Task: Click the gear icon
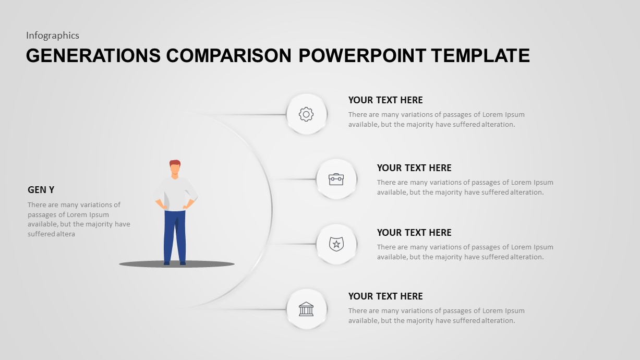306,114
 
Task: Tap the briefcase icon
336,179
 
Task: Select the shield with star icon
336,244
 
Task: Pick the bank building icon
306,309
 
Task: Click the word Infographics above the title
53,35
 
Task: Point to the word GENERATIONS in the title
93,55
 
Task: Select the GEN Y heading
41,190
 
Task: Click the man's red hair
175,163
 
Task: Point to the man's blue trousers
175,235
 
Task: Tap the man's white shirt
176,193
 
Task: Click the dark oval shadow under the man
209,265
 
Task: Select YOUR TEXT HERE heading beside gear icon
385,100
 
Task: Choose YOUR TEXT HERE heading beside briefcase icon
414,168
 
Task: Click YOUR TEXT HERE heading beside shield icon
414,233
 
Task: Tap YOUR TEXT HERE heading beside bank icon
385,296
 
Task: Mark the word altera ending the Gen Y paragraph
66,234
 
